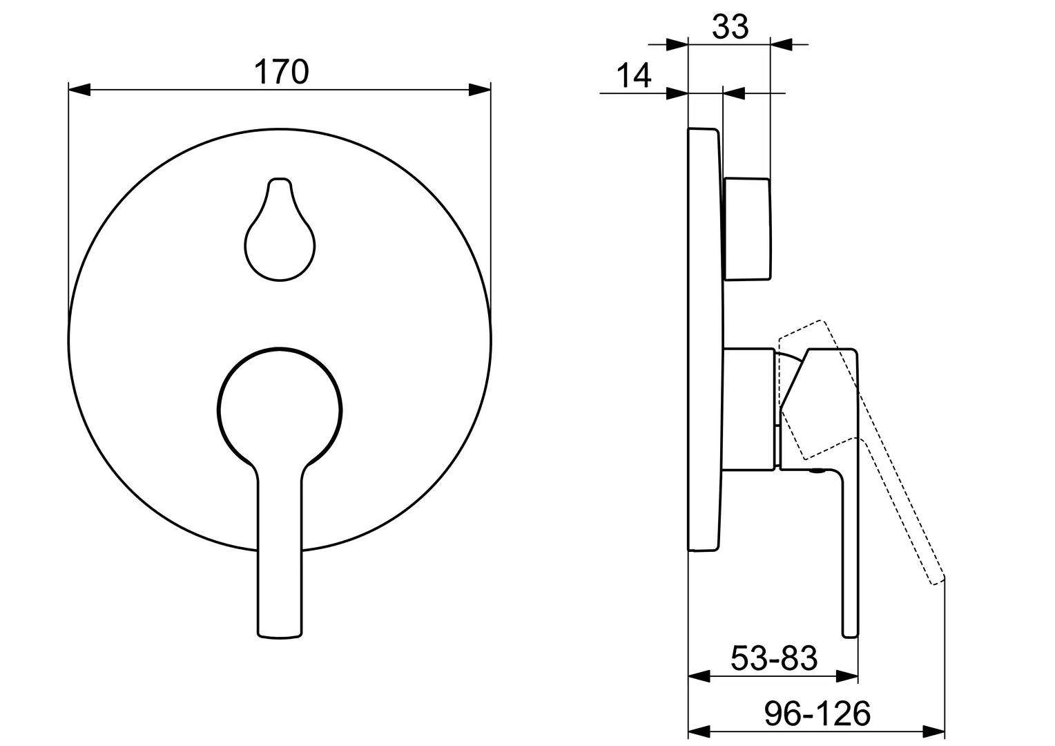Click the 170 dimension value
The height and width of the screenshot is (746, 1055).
[x=281, y=72]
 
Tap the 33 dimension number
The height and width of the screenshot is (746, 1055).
[x=730, y=27]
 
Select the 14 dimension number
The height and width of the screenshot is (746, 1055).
[x=633, y=75]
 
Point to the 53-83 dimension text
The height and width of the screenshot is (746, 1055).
[x=774, y=658]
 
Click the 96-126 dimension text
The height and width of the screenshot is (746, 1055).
[x=817, y=714]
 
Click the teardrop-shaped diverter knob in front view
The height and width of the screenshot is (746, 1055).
[x=280, y=229]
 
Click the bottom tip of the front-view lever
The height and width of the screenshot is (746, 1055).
[x=280, y=638]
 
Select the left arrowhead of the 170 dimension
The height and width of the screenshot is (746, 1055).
[x=79, y=90]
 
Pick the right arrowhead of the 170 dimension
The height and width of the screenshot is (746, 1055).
[x=479, y=90]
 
